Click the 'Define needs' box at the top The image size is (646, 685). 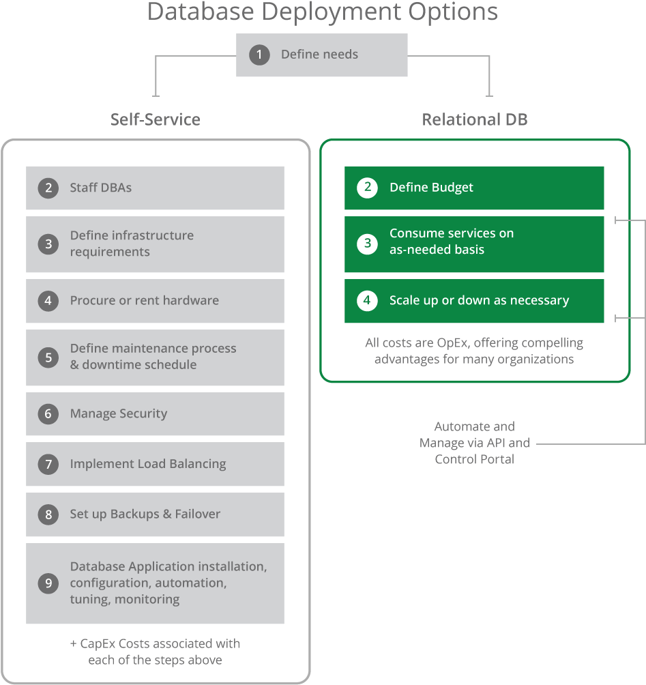(x=321, y=55)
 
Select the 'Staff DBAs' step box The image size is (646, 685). (x=155, y=188)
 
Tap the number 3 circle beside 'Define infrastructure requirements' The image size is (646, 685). (x=48, y=244)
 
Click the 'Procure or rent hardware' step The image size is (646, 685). (x=155, y=301)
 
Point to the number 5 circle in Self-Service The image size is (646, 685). (x=48, y=357)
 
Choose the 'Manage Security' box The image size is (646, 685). (x=155, y=413)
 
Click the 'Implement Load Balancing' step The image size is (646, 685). (x=155, y=464)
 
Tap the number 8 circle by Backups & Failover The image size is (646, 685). (x=48, y=514)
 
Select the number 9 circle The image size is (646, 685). (x=48, y=583)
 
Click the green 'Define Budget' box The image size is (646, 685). (x=474, y=188)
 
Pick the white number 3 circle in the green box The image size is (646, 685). (x=367, y=244)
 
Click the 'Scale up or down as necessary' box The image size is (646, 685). (x=474, y=301)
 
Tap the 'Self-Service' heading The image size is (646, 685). (x=156, y=120)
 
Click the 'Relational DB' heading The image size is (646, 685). (x=475, y=120)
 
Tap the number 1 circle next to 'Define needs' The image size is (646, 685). (x=259, y=55)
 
